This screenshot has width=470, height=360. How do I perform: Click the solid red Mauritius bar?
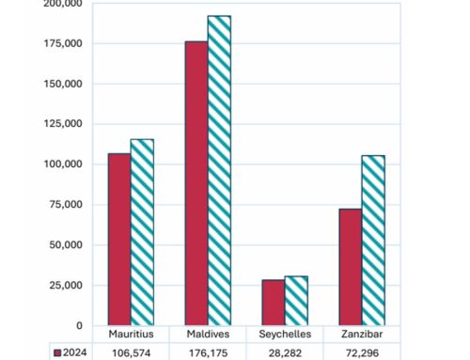pos(119,240)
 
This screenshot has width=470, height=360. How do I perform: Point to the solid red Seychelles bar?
pos(273,303)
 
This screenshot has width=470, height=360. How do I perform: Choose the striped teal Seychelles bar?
pos(296,301)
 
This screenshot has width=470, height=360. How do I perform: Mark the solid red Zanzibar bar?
pos(350,267)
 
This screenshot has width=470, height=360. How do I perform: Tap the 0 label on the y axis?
pos(79,326)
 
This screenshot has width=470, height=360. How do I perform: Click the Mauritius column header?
pos(132,335)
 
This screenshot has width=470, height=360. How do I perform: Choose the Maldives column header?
pos(209,335)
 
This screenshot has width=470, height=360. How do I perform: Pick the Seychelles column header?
pos(285,335)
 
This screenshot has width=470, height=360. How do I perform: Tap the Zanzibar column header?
pos(362,335)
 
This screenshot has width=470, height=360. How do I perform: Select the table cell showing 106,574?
pos(132,352)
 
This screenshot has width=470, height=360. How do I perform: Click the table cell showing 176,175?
pos(209,352)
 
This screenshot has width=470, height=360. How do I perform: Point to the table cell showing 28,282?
pos(285,352)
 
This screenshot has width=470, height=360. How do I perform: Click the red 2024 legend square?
pos(57,352)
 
